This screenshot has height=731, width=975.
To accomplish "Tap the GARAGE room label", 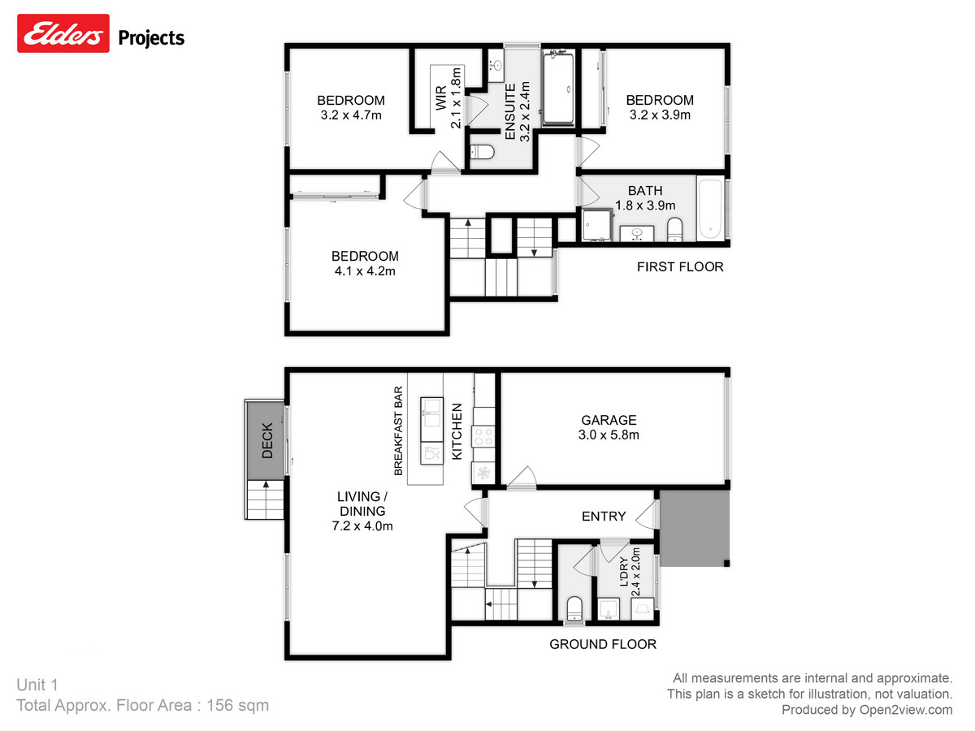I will coord(609,420).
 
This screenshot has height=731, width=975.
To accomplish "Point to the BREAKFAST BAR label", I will coord(398,430).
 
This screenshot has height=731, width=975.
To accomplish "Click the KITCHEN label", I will coord(457,431).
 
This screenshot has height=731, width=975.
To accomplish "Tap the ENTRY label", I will coord(604,516).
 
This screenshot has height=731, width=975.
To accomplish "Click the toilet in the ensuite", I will coord(483,152).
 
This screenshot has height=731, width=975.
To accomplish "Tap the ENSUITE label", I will coord(510,112).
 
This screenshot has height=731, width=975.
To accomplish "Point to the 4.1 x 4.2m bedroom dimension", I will coord(366,270).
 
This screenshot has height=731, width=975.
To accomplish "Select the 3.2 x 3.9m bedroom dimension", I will coord(660,115).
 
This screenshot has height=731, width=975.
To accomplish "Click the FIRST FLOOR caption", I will coord(679,266).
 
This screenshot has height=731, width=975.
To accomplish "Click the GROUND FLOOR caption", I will coord(603,644).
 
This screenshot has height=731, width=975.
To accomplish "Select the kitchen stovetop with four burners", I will coord(484,438).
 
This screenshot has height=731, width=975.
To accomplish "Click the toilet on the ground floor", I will coord(574,608).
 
